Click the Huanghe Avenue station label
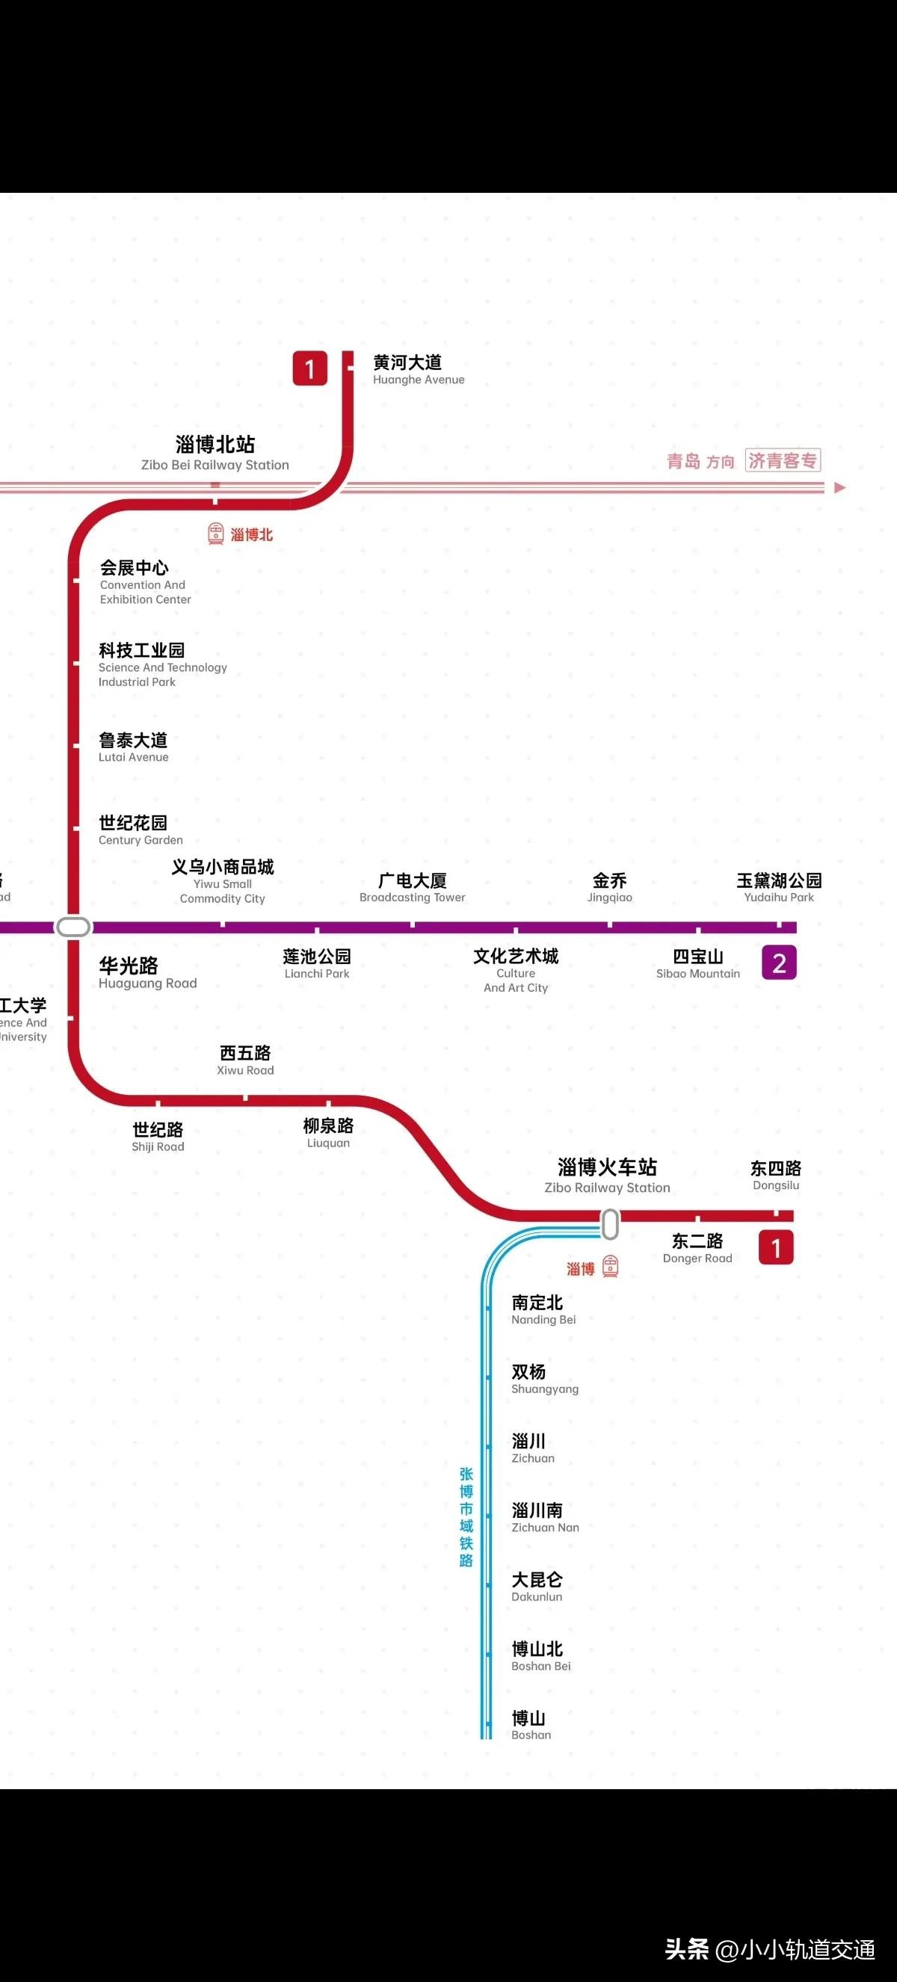click(x=418, y=368)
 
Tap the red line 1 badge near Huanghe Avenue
click(x=310, y=368)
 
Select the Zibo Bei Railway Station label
click(x=215, y=452)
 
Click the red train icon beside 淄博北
click(x=216, y=533)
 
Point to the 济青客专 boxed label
click(x=783, y=460)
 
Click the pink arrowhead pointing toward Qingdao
click(x=839, y=487)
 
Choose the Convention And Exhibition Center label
click(x=144, y=581)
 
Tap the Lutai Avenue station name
click(x=133, y=747)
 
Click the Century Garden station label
click(x=140, y=830)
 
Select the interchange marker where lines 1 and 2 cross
click(x=74, y=927)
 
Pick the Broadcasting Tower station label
click(x=413, y=887)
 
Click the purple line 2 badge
click(x=779, y=963)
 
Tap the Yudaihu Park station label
click(x=779, y=887)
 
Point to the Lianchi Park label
click(x=317, y=963)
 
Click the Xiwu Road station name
click(x=245, y=1060)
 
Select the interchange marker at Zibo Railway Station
click(x=610, y=1224)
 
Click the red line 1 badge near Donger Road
click(x=775, y=1247)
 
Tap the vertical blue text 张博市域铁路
click(x=466, y=1516)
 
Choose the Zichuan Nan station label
click(x=545, y=1517)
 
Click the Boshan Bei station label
click(x=540, y=1655)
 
